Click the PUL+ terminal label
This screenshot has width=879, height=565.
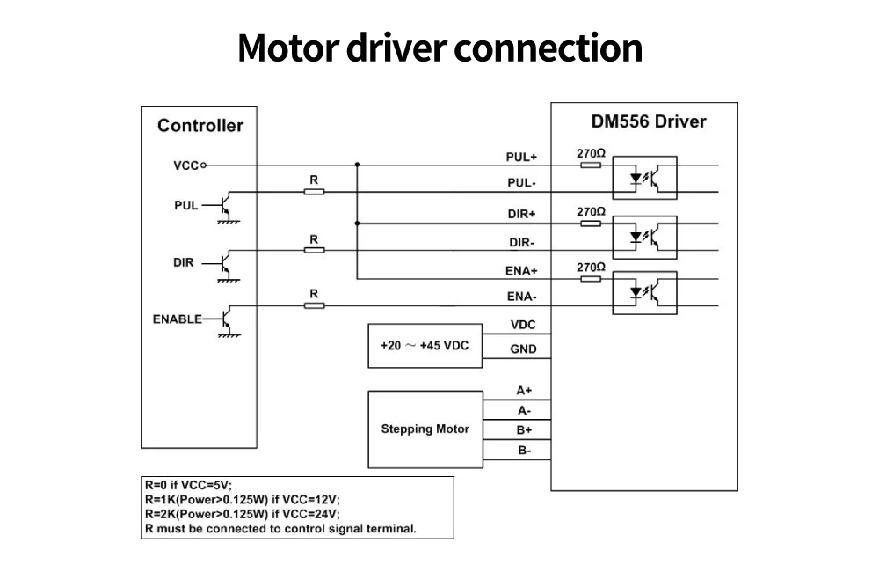pyautogui.click(x=521, y=158)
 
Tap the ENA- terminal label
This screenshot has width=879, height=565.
pyautogui.click(x=522, y=297)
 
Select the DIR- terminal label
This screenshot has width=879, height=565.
pyautogui.click(x=521, y=242)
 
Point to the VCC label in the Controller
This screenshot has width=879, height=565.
pyautogui.click(x=186, y=165)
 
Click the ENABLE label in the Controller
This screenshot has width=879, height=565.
pyautogui.click(x=178, y=319)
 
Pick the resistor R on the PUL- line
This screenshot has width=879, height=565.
pyautogui.click(x=314, y=192)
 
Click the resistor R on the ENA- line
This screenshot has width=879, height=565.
pyautogui.click(x=314, y=305)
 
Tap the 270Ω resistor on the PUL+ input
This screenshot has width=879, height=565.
pyautogui.click(x=591, y=165)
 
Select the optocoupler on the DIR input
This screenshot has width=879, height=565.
pyautogui.click(x=644, y=238)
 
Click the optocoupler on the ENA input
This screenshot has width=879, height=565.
pyautogui.click(x=644, y=293)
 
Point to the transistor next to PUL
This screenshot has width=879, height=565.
pyautogui.click(x=227, y=207)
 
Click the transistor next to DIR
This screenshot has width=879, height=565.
pyautogui.click(x=227, y=264)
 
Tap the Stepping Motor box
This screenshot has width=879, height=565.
pyautogui.click(x=425, y=429)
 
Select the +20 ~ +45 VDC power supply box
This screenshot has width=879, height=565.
pyautogui.click(x=425, y=346)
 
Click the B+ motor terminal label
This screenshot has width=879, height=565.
pyautogui.click(x=524, y=430)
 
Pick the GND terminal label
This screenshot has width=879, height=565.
pyautogui.click(x=523, y=349)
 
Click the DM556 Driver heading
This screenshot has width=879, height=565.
pyautogui.click(x=649, y=121)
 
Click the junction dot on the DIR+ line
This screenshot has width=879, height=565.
pyautogui.click(x=357, y=224)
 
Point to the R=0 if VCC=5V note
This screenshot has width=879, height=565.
pyautogui.click(x=188, y=485)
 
